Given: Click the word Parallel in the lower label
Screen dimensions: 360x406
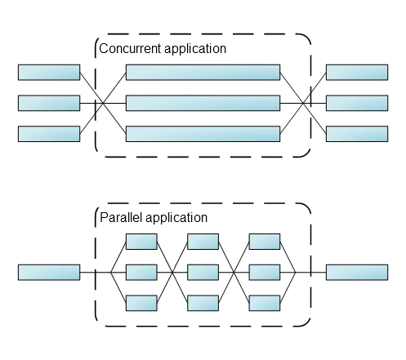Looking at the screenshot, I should coord(118,218).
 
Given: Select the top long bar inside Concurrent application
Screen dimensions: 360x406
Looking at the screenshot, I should coord(203,73).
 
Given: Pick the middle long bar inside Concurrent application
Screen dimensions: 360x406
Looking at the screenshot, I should coord(203,103).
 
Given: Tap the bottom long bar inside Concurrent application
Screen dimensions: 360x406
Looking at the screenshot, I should coord(203,134).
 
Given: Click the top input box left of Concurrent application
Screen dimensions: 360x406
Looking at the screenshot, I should coord(49,73).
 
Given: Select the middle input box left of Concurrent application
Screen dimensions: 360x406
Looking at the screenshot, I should coord(49,103).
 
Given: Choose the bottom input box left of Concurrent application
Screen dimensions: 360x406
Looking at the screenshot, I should coord(49,134).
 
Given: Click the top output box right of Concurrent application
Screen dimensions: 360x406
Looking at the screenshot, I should coord(357,73).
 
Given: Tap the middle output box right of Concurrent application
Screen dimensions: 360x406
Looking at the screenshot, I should coord(357,103).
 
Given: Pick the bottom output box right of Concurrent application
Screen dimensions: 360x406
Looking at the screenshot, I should coord(357,134).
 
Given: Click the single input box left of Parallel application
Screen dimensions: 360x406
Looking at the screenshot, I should coord(49,272).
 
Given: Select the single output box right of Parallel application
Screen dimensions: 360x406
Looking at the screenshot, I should coord(357,272).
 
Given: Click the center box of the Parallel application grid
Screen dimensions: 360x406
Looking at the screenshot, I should coord(203,272).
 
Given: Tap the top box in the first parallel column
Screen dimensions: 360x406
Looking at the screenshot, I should coord(141,242).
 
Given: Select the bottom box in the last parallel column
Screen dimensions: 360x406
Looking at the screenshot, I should coord(265,302).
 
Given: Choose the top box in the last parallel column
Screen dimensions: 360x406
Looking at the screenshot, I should coord(265,242).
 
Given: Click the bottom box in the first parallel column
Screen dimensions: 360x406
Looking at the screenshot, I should coord(141,302).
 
